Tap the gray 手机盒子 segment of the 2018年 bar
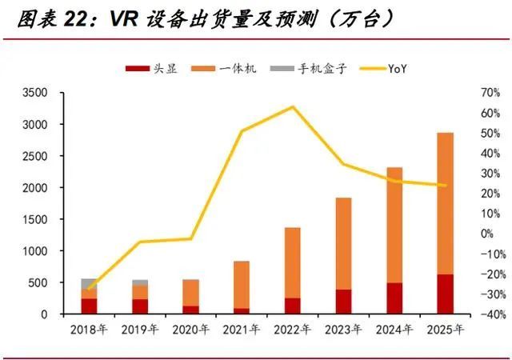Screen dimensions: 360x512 pos(89,283)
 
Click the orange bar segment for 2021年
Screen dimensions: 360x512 pos(242,285)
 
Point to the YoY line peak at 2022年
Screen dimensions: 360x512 pos(292,106)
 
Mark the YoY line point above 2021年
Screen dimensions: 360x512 pos(242,131)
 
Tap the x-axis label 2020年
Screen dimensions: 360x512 pos(190,328)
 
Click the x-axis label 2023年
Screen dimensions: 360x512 pos(343,328)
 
